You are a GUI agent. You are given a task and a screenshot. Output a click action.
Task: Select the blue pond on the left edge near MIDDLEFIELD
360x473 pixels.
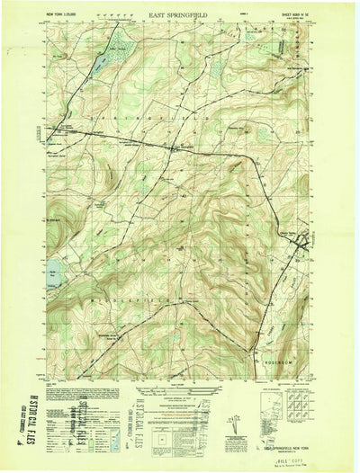click(x=53, y=267)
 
